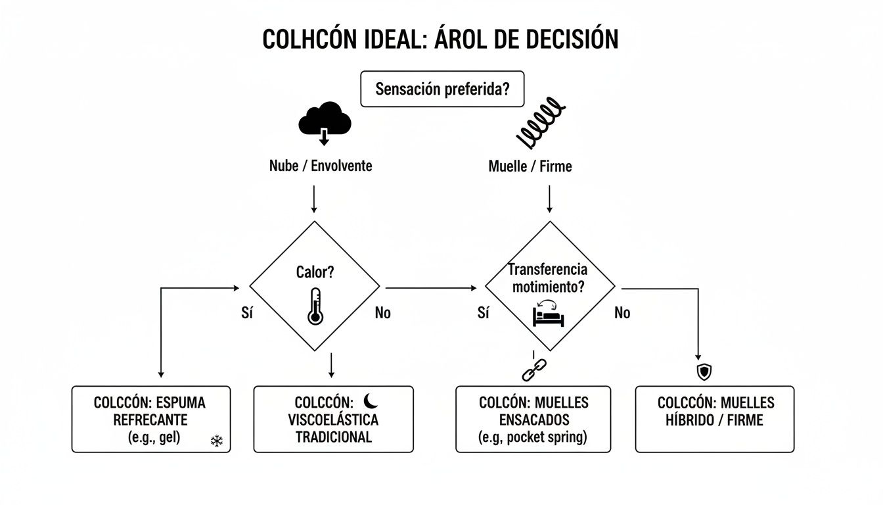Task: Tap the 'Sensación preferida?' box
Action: pyautogui.click(x=442, y=89)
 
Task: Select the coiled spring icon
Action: pyautogui.click(x=540, y=124)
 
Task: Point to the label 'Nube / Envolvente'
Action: pyautogui.click(x=321, y=166)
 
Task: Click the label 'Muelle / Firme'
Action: pyautogui.click(x=530, y=166)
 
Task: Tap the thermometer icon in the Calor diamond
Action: pyautogui.click(x=315, y=306)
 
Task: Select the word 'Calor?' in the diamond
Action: pyautogui.click(x=315, y=272)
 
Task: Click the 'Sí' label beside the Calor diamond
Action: pyautogui.click(x=248, y=313)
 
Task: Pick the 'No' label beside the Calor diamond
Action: pyautogui.click(x=382, y=313)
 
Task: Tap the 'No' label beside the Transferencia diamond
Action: pyautogui.click(x=622, y=313)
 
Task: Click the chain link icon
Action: pyautogui.click(x=530, y=370)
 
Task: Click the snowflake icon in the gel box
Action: pyautogui.click(x=216, y=441)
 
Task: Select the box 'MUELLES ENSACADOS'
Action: pyautogui.click(x=533, y=419)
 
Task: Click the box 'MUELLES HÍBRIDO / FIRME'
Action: pyautogui.click(x=715, y=419)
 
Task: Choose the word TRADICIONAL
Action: pyautogui.click(x=333, y=437)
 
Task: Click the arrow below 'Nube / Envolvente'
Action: pyautogui.click(x=314, y=199)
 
